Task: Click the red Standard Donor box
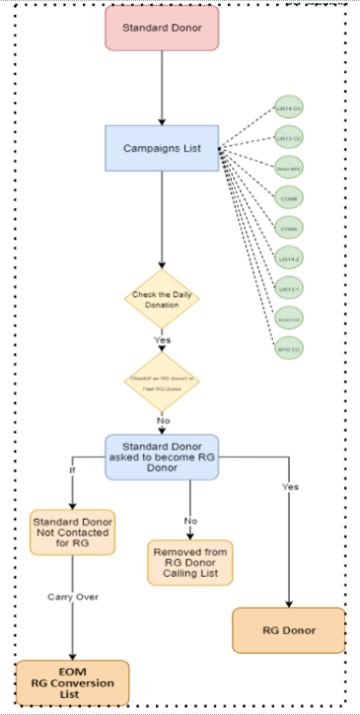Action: pyautogui.click(x=161, y=29)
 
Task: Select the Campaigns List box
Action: pyautogui.click(x=161, y=149)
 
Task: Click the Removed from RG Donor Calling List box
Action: pyautogui.click(x=190, y=561)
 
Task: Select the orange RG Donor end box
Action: pyautogui.click(x=288, y=630)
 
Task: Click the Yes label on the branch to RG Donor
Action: pyautogui.click(x=289, y=486)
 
